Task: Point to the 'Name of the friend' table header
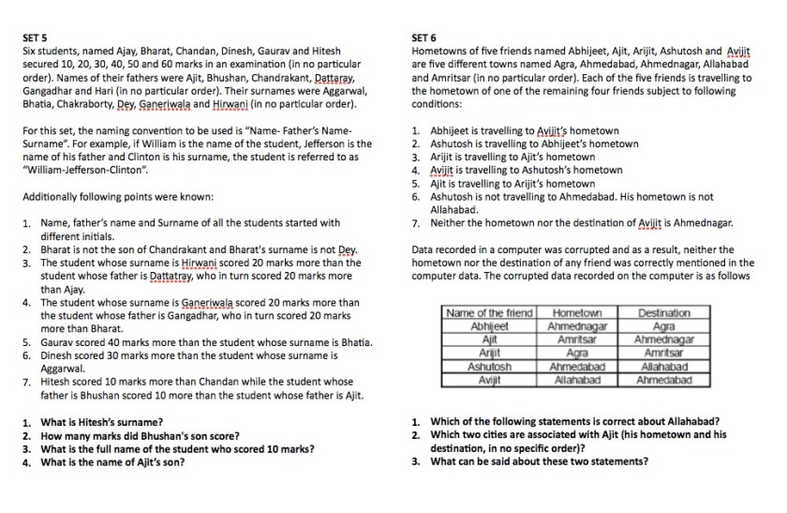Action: coord(490,313)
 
